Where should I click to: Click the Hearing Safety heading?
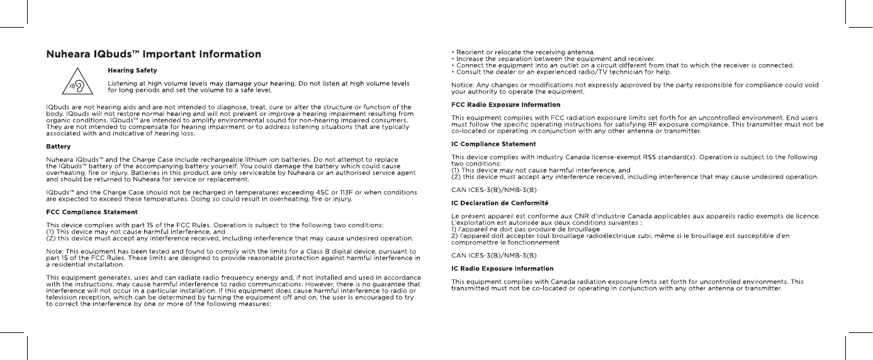click(132, 70)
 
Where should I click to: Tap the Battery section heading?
click(59, 147)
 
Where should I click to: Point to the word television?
click(64, 300)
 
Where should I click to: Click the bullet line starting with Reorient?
click(524, 52)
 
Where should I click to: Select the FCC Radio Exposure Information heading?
click(506, 104)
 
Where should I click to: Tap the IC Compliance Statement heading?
click(493, 144)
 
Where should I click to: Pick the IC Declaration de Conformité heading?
click(500, 203)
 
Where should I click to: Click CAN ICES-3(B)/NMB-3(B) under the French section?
click(494, 256)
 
